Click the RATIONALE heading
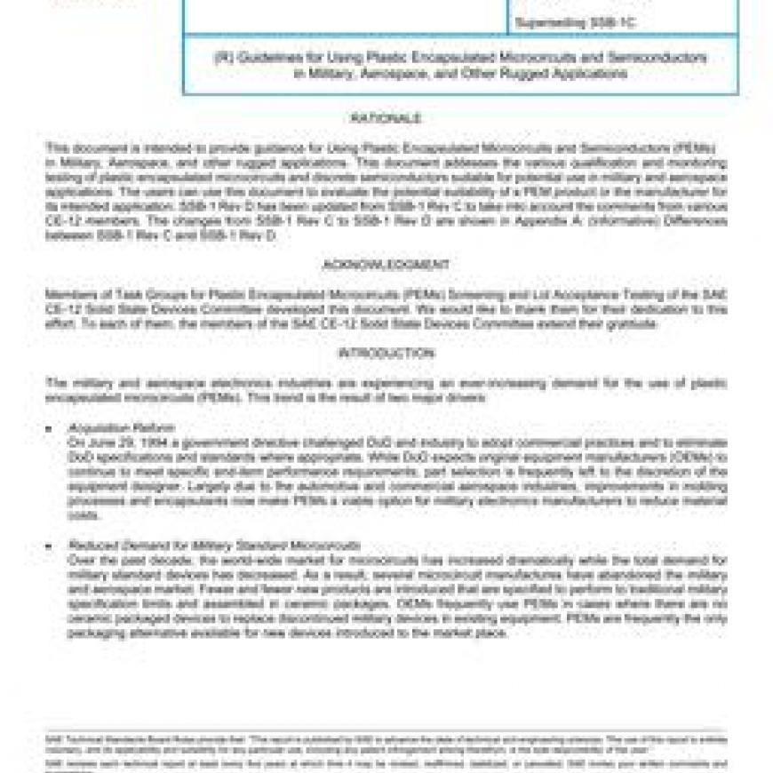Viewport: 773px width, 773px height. coord(385,119)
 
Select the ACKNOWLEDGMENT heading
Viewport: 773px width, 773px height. coord(386,265)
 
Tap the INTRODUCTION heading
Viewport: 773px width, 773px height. coord(386,353)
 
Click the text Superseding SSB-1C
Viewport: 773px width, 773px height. coord(577,22)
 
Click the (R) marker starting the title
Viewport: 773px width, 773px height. coord(221,58)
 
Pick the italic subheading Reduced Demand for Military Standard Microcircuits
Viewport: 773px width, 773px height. coord(214,545)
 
